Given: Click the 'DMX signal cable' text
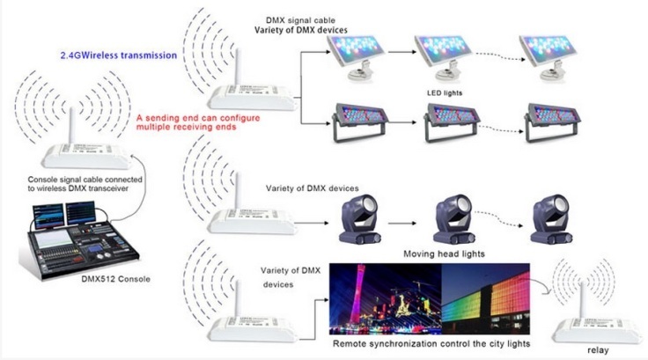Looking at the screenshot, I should (300, 19).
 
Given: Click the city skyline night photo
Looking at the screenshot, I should (384, 298).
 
